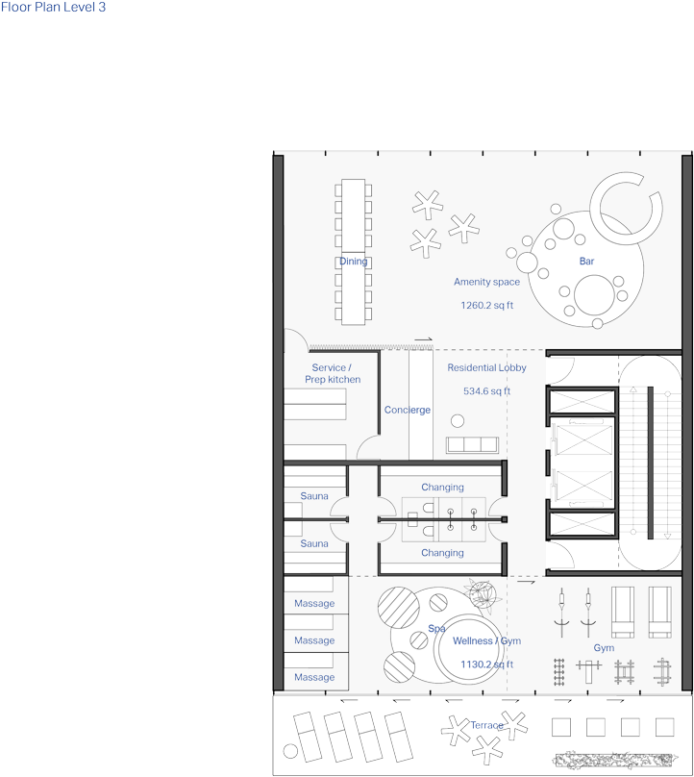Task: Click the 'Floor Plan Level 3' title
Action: [54, 7]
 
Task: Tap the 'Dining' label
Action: [353, 262]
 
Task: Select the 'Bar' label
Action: [586, 262]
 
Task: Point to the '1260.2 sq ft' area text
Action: [486, 305]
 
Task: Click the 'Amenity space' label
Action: [486, 282]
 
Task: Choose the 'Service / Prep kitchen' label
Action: [332, 374]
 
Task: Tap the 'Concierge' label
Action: [408, 410]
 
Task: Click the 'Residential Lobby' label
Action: [486, 367]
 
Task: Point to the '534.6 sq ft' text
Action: [486, 391]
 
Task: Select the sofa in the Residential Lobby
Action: [471, 444]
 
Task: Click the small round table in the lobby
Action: [458, 419]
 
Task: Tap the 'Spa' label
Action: [437, 628]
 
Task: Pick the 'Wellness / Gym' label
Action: [486, 641]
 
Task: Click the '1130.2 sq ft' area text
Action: [486, 664]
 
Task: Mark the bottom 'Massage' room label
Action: [314, 677]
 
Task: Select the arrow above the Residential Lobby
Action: [423, 339]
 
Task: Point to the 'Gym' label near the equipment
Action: [603, 648]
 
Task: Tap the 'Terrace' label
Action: [486, 725]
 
